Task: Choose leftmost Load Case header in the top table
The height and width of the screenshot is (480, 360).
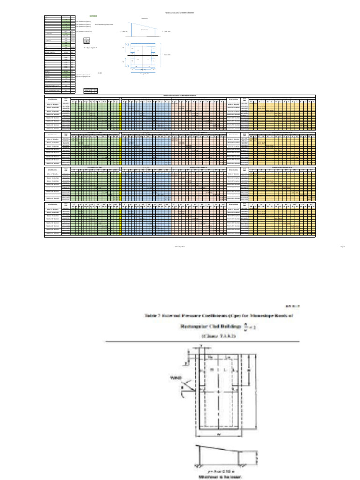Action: click(67, 99)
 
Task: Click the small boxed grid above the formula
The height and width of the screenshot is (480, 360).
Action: click(87, 41)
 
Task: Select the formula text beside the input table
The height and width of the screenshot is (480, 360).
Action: click(90, 48)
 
